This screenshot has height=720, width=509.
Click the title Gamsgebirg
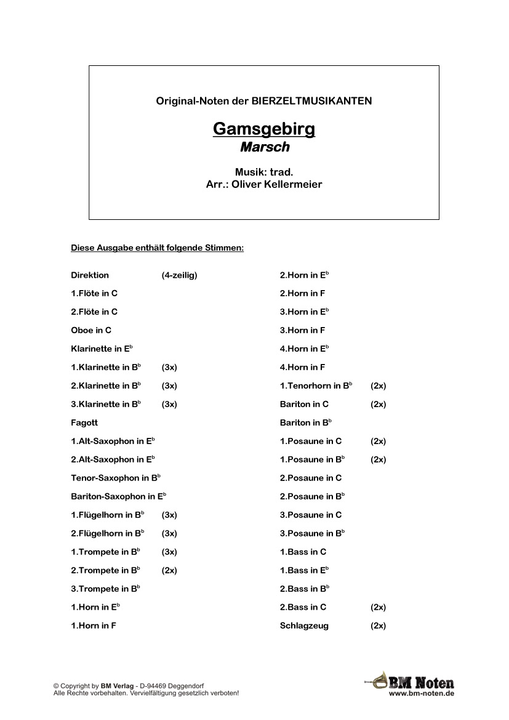[264, 129]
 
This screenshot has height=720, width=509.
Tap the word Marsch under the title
[264, 148]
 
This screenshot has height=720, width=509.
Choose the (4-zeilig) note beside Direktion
[179, 275]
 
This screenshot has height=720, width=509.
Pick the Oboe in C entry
[91, 331]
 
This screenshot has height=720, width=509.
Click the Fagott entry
[84, 423]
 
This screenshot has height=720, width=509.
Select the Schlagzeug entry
[304, 626]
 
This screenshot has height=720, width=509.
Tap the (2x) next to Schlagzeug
[378, 626]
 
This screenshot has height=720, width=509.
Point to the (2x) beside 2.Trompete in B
[169, 570]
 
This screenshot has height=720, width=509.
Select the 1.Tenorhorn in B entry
[316, 386]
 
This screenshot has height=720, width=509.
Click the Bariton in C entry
[304, 405]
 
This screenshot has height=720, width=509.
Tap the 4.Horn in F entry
[302, 368]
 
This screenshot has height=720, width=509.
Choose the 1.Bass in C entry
[303, 552]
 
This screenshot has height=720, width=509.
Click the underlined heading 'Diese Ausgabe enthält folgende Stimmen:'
[158, 248]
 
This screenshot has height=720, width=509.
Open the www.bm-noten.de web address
[422, 694]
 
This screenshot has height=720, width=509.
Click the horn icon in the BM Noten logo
[377, 681]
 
